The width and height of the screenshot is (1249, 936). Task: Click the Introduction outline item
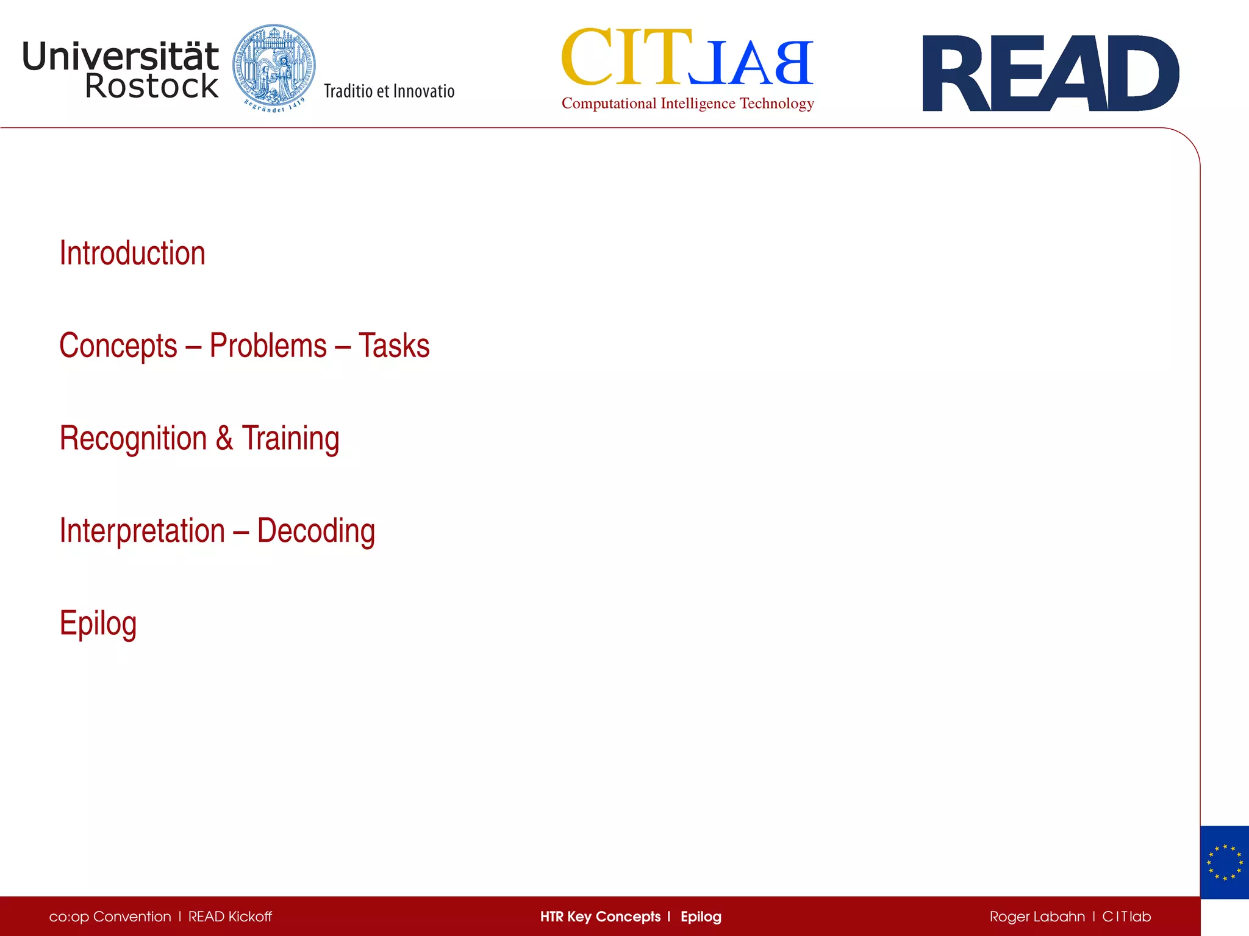(132, 253)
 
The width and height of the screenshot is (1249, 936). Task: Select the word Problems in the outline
(268, 346)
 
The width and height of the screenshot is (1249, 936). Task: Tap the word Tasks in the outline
(394, 346)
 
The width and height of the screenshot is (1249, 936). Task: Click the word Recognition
(133, 439)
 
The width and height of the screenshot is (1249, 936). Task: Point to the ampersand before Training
(224, 438)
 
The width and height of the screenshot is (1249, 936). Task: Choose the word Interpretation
(142, 531)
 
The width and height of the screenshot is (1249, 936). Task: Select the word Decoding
(316, 531)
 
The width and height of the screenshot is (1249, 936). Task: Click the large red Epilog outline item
(98, 624)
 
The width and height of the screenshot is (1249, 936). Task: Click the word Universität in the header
(120, 57)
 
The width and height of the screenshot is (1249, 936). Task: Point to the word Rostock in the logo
(151, 86)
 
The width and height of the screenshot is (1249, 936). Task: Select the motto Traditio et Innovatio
(389, 91)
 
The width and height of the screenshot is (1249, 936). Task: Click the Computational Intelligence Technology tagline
(687, 104)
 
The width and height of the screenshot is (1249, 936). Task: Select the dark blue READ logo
(1050, 73)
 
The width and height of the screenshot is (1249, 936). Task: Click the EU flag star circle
(1224, 862)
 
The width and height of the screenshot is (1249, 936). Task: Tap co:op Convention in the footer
(110, 916)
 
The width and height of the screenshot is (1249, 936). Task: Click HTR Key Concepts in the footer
(600, 916)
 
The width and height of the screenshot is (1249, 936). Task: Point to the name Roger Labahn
(1037, 916)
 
